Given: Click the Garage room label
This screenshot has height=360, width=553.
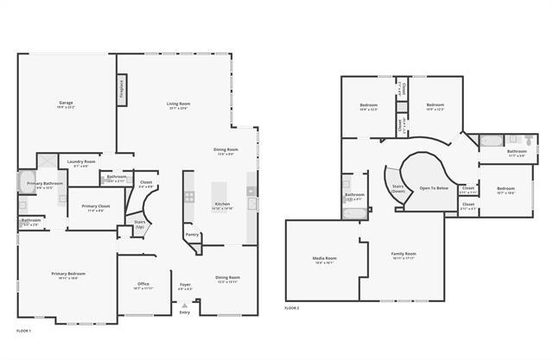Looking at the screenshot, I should (66, 104).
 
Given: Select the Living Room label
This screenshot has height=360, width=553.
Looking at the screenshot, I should (179, 104).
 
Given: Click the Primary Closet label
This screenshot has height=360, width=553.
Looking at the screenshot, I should (96, 205).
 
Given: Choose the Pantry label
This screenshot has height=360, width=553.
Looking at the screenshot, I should (192, 234).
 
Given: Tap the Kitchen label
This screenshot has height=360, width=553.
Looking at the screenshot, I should (223, 204).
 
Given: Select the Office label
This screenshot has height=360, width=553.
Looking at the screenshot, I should (143, 283).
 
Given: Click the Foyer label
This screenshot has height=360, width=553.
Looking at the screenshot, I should (185, 283).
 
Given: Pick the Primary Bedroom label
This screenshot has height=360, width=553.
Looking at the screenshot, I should (67, 274).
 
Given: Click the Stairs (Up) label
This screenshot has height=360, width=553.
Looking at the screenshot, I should (139, 224).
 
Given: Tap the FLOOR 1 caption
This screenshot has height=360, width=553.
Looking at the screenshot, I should (24, 331).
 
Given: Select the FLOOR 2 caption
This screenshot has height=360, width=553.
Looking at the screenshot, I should (292, 308).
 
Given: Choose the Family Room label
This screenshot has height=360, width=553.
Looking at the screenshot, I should (404, 254).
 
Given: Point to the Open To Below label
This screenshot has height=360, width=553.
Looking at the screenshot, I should (434, 187).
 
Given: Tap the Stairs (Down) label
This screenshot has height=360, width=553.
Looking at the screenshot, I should (398, 187).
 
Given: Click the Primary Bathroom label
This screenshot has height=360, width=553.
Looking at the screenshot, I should (45, 184).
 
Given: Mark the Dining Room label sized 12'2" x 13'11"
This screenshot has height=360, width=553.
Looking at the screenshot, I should (228, 277).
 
